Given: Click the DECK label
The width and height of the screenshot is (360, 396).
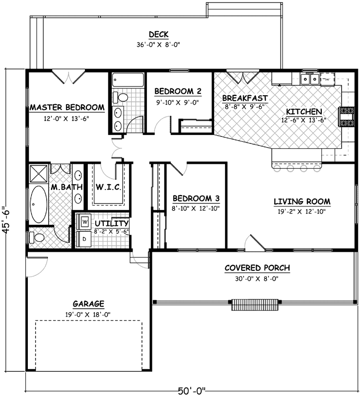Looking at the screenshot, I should click(x=159, y=34).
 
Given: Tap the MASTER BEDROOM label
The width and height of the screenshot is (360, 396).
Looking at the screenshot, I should click(x=67, y=107).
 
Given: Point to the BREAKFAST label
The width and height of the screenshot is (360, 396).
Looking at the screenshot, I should click(x=245, y=98).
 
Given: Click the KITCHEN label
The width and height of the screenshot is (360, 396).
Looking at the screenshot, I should click(x=304, y=111).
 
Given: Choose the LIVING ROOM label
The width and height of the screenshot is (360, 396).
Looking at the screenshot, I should click(x=302, y=201).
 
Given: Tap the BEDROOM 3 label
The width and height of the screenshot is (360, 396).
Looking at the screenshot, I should click(x=196, y=198).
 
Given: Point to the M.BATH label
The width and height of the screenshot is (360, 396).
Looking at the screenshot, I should click(x=63, y=188).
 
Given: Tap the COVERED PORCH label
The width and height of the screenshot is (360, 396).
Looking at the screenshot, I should click(x=257, y=268).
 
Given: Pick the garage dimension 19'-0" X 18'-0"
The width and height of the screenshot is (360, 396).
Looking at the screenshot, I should click(x=88, y=314).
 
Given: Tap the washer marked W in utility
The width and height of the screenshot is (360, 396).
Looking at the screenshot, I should click(x=85, y=221).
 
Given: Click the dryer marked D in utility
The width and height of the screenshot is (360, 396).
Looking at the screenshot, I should click(x=85, y=238).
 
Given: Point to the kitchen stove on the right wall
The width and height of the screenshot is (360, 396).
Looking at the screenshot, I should click(x=346, y=116).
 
